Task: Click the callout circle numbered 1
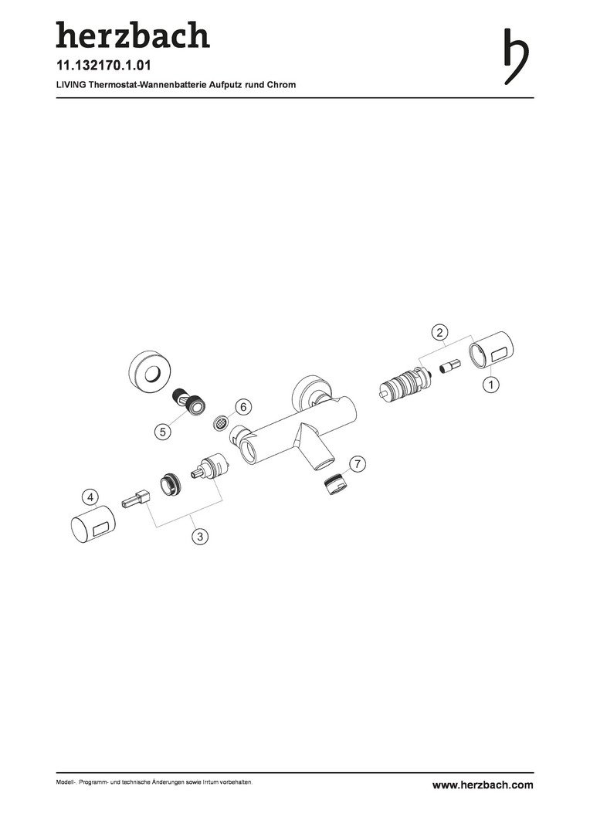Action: (490, 385)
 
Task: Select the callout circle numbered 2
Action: (439, 333)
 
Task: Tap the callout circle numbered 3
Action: (200, 536)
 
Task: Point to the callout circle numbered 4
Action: (90, 497)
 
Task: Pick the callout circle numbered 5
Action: (163, 432)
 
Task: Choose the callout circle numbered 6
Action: (243, 408)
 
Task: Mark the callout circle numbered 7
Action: (358, 464)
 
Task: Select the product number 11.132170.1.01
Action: (103, 66)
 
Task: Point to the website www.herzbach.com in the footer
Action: (483, 785)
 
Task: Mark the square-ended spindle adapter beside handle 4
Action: (137, 500)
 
